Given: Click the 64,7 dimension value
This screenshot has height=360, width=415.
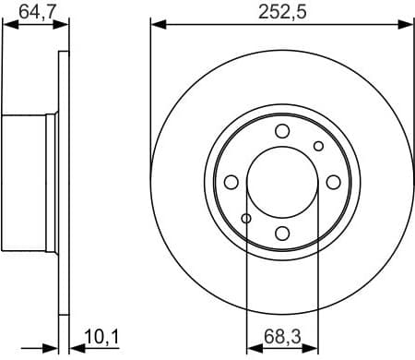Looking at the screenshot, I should tap(36, 12).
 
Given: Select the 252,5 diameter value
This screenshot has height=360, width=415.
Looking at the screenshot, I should tap(280, 12).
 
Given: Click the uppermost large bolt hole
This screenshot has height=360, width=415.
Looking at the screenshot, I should tap(283, 130).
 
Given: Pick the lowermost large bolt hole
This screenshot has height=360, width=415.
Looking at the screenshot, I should tap(283, 232).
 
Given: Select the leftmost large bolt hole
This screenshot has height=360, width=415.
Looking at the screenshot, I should tap(232, 181).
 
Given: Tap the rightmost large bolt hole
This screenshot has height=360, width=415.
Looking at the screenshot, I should tap(334, 181).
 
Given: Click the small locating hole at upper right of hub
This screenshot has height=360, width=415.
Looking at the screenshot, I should tap(319, 146).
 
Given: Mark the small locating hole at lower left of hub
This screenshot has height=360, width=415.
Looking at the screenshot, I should tap(246, 218).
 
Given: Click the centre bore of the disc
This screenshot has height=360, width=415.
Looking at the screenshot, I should tap(283, 181).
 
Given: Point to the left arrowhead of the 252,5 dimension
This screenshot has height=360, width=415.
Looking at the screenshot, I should tap(156, 25).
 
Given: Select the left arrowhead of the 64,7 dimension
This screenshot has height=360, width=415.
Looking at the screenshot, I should tap(8, 25).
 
